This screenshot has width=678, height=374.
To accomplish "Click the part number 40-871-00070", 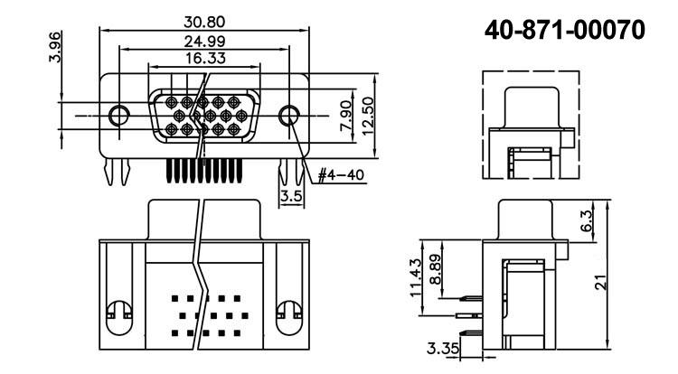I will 564,31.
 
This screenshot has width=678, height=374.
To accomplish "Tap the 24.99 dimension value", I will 204,42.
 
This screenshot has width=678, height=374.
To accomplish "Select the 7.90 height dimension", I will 344,117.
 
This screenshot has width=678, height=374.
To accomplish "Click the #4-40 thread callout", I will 342,175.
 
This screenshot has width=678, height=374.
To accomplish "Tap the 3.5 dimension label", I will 289,194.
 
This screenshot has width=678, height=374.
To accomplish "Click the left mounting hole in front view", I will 118,116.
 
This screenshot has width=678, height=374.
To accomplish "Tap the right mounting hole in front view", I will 289,116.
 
